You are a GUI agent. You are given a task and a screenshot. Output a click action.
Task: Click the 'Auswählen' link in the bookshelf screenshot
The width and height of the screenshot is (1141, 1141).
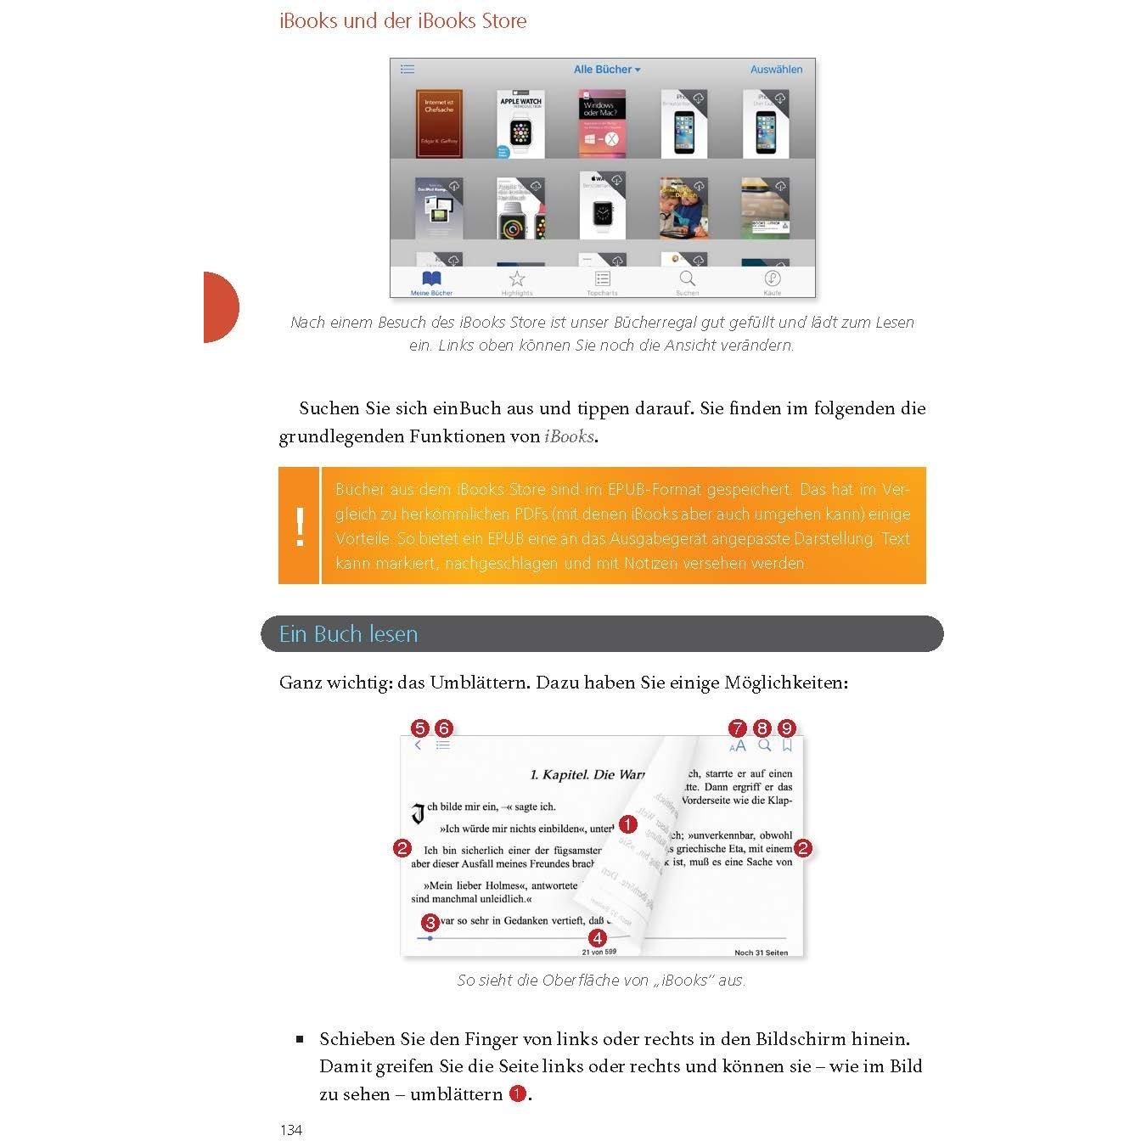[776, 70]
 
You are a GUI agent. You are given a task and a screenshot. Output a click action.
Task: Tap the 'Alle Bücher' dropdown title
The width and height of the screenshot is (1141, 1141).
[606, 70]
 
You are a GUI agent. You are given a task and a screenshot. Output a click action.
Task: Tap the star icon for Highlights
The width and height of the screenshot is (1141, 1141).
[517, 278]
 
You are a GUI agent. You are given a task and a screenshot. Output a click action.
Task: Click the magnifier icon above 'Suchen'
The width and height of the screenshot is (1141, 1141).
[687, 278]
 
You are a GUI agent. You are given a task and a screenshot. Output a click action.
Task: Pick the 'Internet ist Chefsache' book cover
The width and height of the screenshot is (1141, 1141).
[439, 124]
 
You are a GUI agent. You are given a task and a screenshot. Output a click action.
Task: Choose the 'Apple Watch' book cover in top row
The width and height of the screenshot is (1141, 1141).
[520, 124]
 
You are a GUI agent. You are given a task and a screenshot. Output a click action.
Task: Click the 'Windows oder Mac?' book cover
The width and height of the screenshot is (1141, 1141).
[602, 124]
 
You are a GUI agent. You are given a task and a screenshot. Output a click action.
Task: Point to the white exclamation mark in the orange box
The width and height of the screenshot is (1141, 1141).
[300, 526]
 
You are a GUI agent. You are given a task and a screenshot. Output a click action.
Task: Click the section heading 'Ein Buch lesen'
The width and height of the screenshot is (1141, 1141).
[348, 634]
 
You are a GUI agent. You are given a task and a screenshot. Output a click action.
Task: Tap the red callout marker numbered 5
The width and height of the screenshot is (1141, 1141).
[419, 728]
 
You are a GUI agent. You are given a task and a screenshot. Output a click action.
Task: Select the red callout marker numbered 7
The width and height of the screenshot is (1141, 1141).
[738, 728]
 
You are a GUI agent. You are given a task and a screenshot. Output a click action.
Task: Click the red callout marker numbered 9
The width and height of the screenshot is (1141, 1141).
[788, 728]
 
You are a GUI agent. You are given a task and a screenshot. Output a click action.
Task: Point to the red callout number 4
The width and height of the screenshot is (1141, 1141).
[598, 938]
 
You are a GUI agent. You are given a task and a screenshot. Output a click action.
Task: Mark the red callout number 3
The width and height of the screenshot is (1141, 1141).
[430, 923]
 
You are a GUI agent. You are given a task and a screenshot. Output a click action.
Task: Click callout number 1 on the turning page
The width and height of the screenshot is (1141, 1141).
[627, 824]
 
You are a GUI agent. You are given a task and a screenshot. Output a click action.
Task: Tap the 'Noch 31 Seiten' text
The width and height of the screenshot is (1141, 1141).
[761, 953]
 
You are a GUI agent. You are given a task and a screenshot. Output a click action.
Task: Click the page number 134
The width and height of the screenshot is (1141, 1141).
[291, 1130]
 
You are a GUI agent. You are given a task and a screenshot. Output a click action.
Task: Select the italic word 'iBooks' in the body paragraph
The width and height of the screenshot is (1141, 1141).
[569, 436]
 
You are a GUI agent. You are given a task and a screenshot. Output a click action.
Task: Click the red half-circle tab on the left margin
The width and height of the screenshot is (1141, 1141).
[220, 307]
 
